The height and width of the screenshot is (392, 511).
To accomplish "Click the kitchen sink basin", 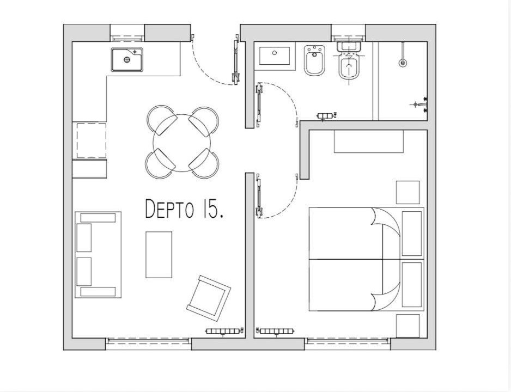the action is pos(127,59).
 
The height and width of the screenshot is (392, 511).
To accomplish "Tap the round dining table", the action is pos(182,143).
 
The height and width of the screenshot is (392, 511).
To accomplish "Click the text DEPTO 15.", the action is pos(184,209).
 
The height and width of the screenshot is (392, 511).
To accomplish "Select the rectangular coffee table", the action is pos(159,255).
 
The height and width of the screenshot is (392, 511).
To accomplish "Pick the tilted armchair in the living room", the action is pos(209,296).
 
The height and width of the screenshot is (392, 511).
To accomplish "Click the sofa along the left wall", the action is pos(98,255).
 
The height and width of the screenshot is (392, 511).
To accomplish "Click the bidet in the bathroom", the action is pos(315,60).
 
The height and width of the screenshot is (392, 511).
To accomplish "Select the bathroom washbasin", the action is pos(275,56).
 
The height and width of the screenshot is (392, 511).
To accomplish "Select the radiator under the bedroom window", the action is pos(276,332).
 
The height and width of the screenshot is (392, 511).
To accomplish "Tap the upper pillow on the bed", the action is pos(412,234).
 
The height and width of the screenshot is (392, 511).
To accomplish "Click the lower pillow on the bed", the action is pos(412,285).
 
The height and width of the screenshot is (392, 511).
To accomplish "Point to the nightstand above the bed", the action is pos(407,192).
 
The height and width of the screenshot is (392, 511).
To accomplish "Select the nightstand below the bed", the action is pos(407,326).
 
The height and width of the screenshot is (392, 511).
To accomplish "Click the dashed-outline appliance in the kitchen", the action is pos(92,140).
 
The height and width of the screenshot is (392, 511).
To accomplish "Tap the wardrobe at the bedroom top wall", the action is pos(369,142).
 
